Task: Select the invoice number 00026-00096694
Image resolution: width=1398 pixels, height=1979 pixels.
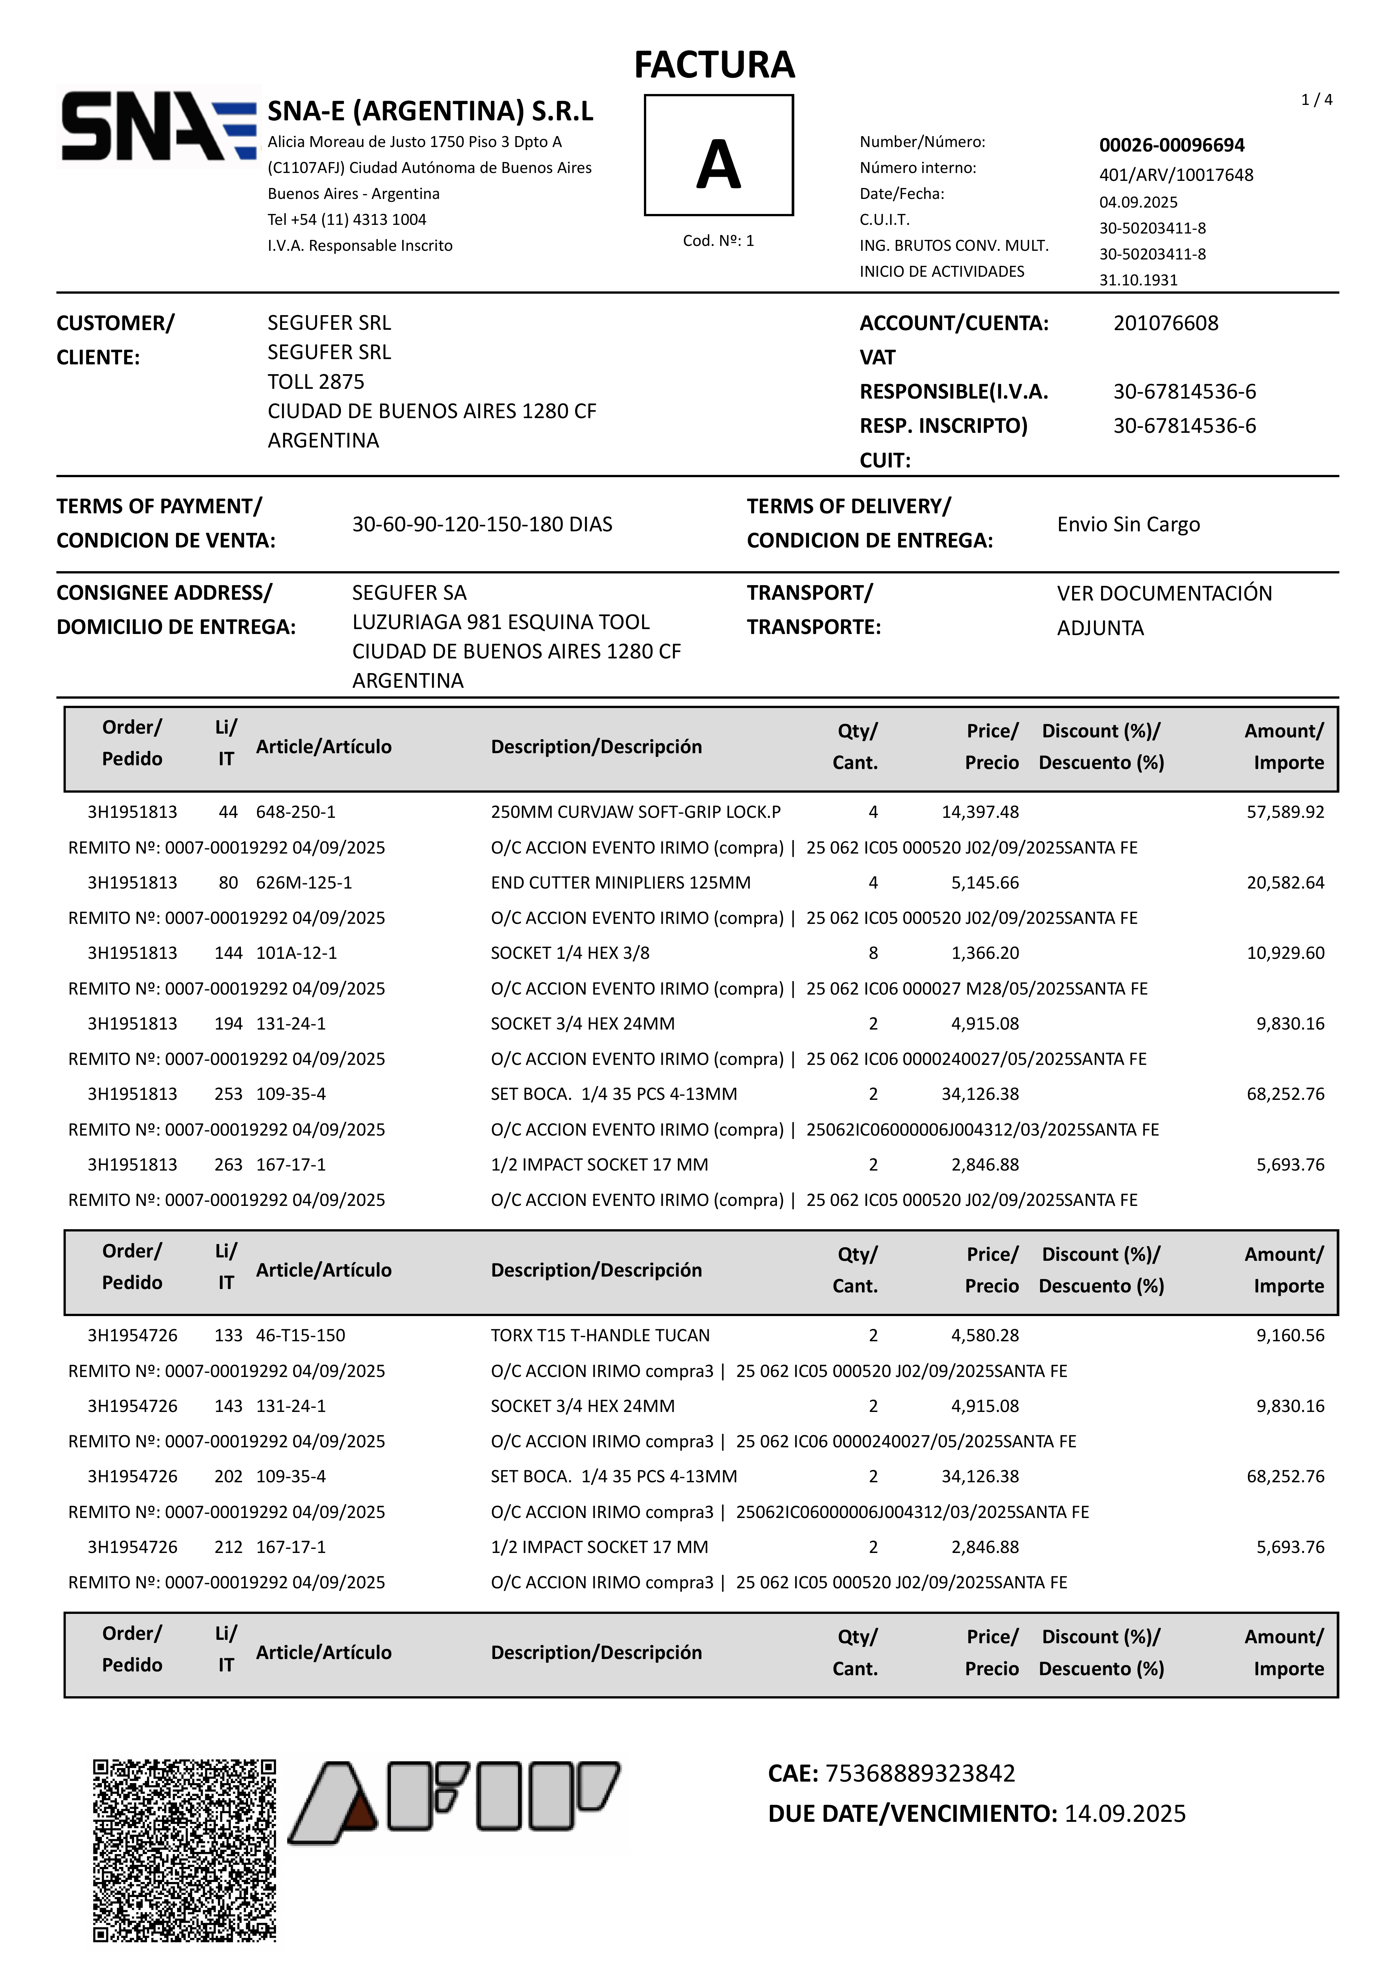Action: pyautogui.click(x=1171, y=145)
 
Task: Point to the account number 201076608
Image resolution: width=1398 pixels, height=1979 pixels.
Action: pyautogui.click(x=1165, y=323)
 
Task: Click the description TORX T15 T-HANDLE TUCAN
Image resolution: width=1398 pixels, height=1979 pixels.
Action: pyautogui.click(x=600, y=1335)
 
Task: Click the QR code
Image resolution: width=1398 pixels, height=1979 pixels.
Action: pyautogui.click(x=185, y=1850)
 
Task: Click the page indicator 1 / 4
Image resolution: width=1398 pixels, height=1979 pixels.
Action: pyautogui.click(x=1316, y=100)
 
